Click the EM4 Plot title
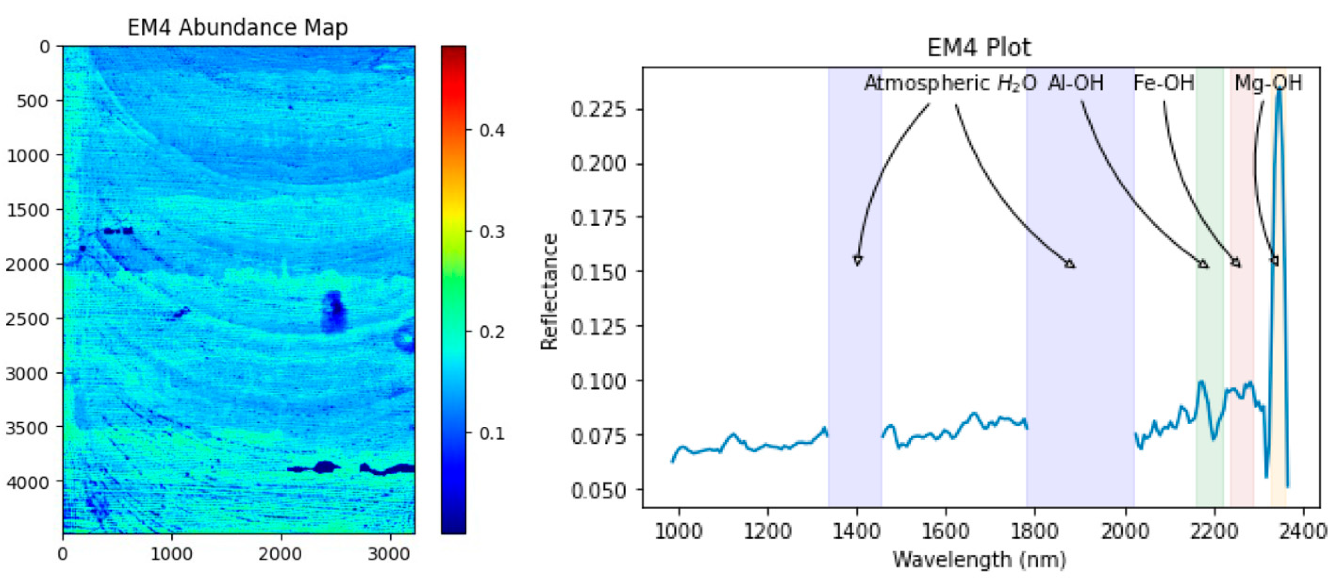click(x=979, y=48)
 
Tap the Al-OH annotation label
click(x=1076, y=83)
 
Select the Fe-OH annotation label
click(x=1164, y=83)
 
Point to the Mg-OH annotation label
click(x=1268, y=83)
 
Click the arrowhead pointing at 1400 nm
click(x=857, y=261)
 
